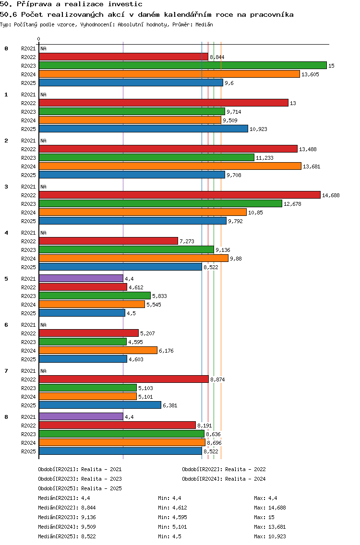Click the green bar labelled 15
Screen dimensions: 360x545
click(183, 65)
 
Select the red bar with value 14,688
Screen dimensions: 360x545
click(180, 195)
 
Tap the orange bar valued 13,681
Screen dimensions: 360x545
click(170, 166)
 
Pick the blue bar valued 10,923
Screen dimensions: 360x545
click(144, 129)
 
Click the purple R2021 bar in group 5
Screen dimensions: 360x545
click(81, 278)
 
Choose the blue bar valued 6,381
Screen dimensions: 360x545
click(100, 405)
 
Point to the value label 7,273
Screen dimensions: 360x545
click(187, 241)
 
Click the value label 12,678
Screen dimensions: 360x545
click(292, 204)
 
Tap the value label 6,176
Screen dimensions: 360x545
click(166, 351)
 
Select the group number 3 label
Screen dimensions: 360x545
click(6, 187)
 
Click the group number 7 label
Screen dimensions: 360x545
click(6, 371)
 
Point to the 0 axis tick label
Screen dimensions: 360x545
click(38, 39)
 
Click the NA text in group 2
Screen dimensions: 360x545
click(44, 141)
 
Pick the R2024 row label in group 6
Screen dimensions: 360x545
click(28, 351)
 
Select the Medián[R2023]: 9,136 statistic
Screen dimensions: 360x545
click(67, 517)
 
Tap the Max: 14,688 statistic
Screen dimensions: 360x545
click(270, 508)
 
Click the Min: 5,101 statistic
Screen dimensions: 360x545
click(173, 527)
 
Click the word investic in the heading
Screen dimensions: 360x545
click(125, 4)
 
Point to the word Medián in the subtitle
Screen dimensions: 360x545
click(204, 24)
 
